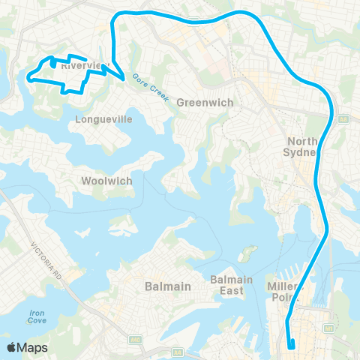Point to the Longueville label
(x=100, y=118)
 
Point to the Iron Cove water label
(x=38, y=315)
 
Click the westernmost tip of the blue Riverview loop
(x=29, y=76)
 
